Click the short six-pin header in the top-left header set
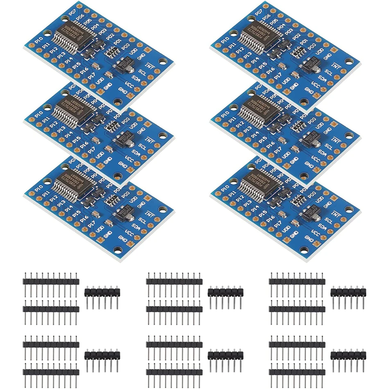click(102, 292)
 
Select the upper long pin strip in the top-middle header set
click(174, 281)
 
